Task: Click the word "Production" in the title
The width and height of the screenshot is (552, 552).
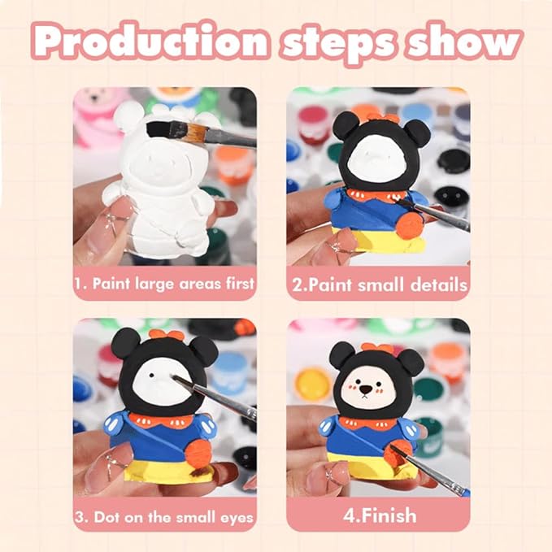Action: tap(150, 41)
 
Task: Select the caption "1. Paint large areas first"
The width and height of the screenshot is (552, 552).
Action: tap(164, 284)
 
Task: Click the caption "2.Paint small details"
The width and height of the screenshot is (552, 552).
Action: tap(380, 285)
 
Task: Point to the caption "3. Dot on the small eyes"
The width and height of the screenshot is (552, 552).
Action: tap(164, 517)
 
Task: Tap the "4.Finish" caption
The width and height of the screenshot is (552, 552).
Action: tap(380, 515)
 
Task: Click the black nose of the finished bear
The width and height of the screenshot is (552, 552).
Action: tap(366, 389)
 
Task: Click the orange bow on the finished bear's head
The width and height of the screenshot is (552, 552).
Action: tap(377, 348)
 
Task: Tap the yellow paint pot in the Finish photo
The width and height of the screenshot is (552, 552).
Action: tap(313, 385)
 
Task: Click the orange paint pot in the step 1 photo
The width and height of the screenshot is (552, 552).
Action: tap(232, 165)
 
